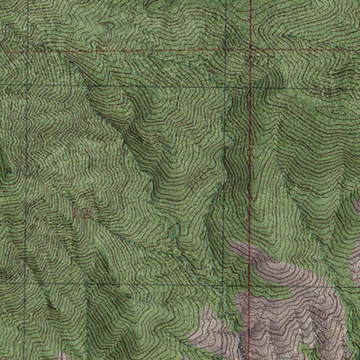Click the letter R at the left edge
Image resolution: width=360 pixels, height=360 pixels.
tap(6, 167)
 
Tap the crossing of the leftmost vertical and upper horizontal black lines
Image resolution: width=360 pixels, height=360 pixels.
tap(28, 87)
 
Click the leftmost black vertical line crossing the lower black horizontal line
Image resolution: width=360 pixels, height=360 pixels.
tap(28, 269)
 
